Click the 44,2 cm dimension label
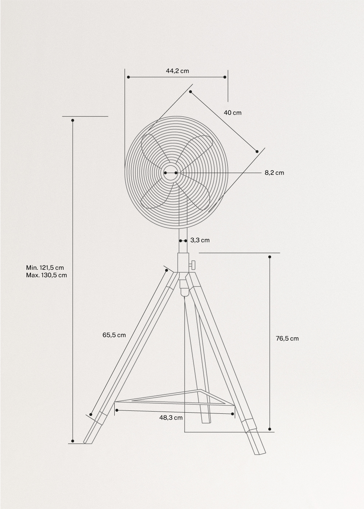click(x=177, y=71)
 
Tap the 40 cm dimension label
click(x=232, y=113)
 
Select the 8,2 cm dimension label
click(x=274, y=173)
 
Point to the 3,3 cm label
click(x=200, y=240)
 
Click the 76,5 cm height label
click(x=287, y=338)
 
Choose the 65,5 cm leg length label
click(x=114, y=335)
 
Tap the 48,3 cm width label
click(x=171, y=418)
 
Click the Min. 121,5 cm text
click(x=45, y=268)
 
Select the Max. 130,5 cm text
click(x=46, y=275)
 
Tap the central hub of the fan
click(x=170, y=173)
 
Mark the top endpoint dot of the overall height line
click(x=72, y=120)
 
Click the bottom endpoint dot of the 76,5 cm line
click(x=270, y=429)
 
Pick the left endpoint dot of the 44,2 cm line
click(x=128, y=77)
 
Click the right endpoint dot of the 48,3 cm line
click(x=233, y=414)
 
